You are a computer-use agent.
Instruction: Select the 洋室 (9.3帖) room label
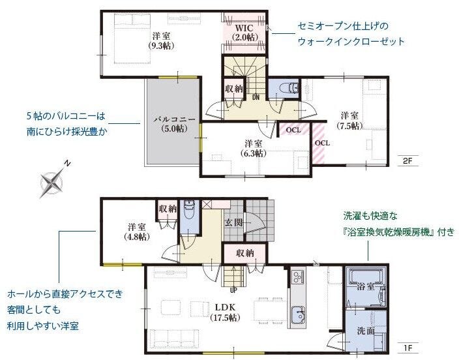pyautogui.click(x=160, y=40)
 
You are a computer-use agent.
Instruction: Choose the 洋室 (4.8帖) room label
pyautogui.click(x=136, y=232)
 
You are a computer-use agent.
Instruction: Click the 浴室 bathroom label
pyautogui.click(x=365, y=285)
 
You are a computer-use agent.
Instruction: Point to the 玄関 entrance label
pyautogui.click(x=234, y=222)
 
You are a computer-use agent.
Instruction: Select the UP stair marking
pyautogui.click(x=233, y=290)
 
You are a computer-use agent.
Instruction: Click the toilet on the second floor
pyautogui.click(x=286, y=88)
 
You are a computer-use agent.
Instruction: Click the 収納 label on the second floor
pyautogui.click(x=234, y=88)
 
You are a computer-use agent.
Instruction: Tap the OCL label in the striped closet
pyautogui.click(x=321, y=143)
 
